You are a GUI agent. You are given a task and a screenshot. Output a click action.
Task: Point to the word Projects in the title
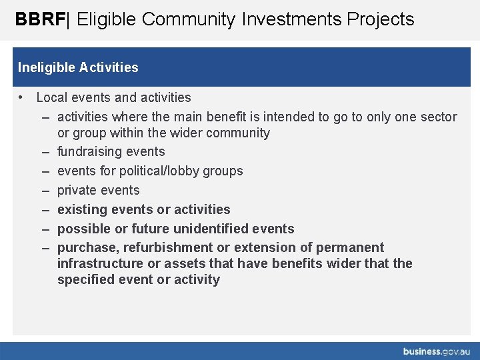click(380, 19)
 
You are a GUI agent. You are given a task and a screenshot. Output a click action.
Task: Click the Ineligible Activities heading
click(78, 67)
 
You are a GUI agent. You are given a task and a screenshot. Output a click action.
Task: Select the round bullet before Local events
click(22, 97)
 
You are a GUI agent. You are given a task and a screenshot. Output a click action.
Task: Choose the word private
click(77, 190)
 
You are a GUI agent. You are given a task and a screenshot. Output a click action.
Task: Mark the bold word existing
click(82, 209)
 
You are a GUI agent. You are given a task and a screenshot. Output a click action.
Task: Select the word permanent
click(350, 247)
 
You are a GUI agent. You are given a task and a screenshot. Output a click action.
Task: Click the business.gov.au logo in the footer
click(437, 351)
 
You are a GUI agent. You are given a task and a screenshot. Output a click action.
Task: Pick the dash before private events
click(45, 190)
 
